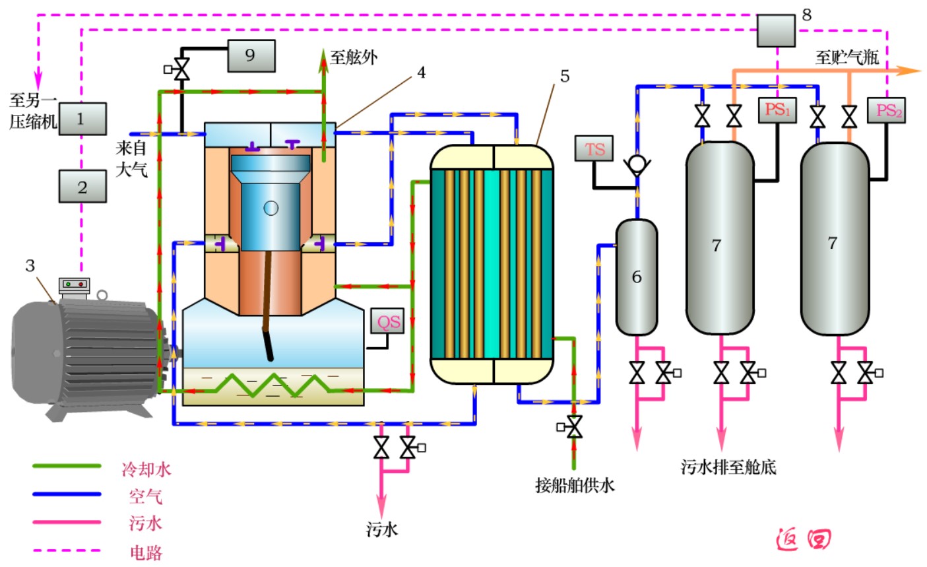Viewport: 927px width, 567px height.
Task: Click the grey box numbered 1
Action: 82,119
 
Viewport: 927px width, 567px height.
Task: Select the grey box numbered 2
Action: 82,186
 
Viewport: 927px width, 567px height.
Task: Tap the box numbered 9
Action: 251,55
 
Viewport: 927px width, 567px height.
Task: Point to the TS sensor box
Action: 594,149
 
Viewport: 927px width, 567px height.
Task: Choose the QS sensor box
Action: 389,321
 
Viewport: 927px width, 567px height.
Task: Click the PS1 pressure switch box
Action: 777,110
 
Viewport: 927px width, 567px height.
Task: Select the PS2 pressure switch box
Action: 889,110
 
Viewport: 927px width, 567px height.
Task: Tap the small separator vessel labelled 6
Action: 636,277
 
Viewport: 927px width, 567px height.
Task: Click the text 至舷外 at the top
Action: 354,57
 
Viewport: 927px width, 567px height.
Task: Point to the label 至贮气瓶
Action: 847,57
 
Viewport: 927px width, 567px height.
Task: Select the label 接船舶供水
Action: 575,486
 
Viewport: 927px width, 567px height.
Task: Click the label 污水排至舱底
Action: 728,467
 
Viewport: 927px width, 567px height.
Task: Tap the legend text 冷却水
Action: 146,469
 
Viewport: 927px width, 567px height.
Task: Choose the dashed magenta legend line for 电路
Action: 67,550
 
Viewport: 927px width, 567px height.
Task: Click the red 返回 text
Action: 802,539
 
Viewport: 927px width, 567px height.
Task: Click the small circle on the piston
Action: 271,209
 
